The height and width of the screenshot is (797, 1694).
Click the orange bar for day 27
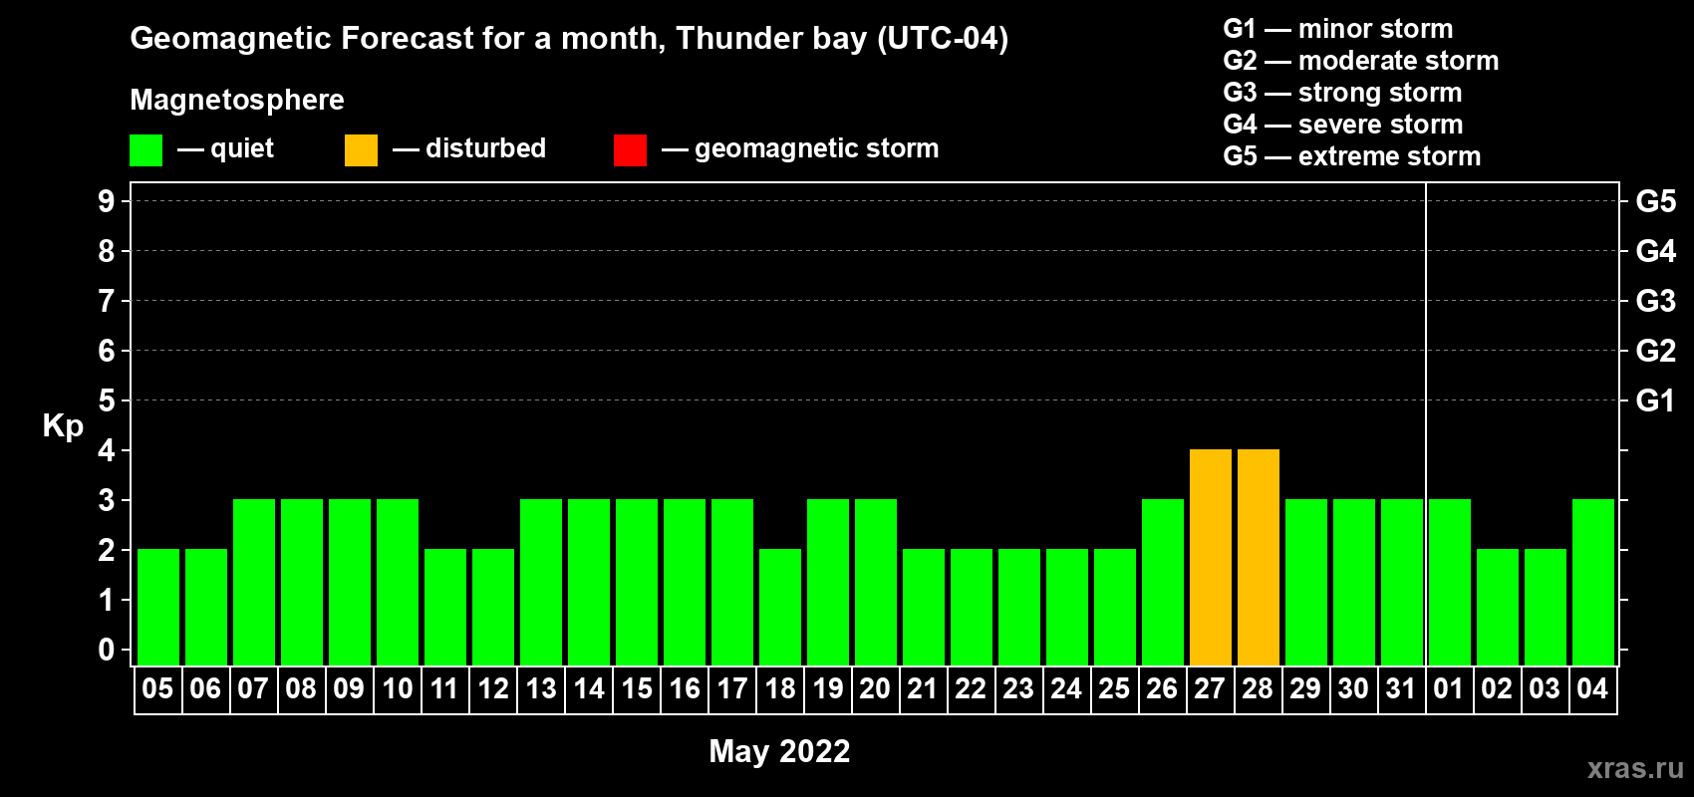(x=1210, y=557)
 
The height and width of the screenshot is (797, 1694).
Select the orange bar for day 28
(x=1259, y=557)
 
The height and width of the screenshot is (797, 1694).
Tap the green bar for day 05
(x=158, y=607)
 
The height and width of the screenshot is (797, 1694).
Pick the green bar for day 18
(x=780, y=607)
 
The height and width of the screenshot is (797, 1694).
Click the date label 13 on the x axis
(x=541, y=688)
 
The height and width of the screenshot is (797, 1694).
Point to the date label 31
(x=1401, y=688)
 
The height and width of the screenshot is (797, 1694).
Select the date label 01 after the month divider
(x=1448, y=688)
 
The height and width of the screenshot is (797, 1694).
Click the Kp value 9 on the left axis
(x=106, y=201)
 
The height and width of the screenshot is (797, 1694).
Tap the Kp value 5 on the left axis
(x=106, y=400)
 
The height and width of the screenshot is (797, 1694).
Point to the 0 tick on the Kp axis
(x=106, y=650)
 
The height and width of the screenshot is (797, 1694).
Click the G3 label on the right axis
(x=1655, y=301)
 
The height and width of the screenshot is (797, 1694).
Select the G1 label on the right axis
(x=1655, y=400)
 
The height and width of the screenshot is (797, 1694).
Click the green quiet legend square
(x=145, y=149)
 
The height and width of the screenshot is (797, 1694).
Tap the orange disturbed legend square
(x=361, y=149)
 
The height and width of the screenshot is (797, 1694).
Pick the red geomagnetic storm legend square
(x=630, y=149)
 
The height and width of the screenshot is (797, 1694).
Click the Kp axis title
(x=63, y=426)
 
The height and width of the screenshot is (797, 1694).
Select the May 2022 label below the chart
(x=779, y=751)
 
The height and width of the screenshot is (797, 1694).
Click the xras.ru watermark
(x=1635, y=768)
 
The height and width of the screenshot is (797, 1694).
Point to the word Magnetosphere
(x=237, y=100)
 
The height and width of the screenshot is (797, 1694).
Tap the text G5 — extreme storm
(x=1352, y=156)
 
